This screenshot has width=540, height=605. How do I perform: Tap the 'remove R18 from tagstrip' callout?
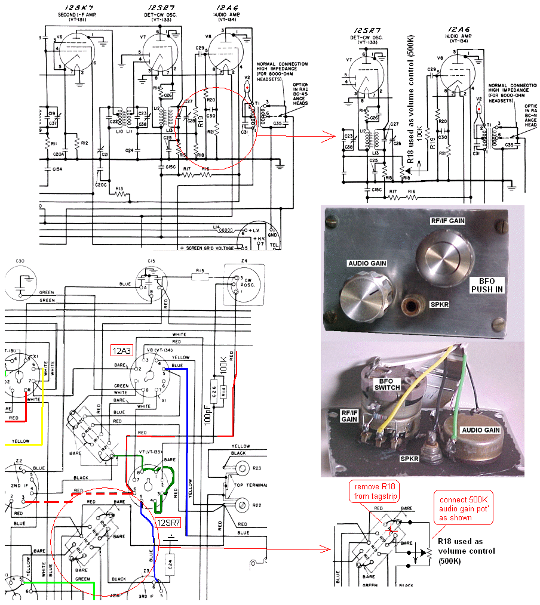tap(375, 492)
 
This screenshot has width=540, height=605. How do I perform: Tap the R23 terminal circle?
tap(243, 467)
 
